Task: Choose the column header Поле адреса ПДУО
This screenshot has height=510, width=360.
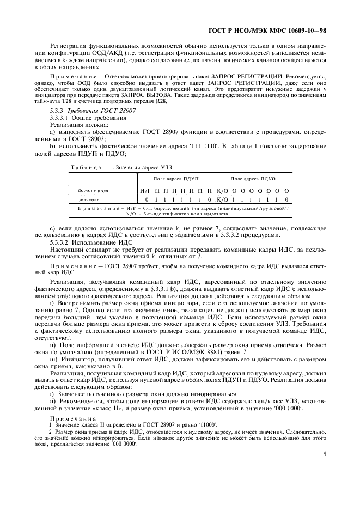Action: point(253,179)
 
